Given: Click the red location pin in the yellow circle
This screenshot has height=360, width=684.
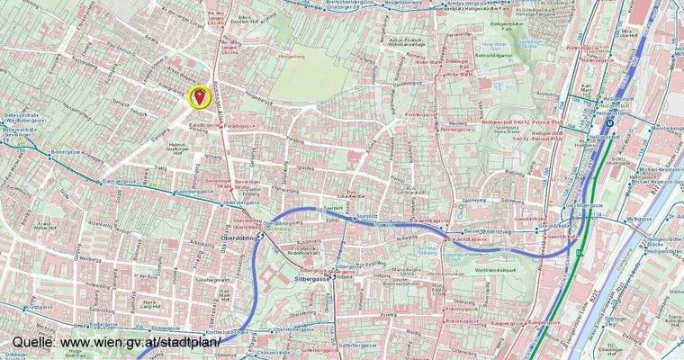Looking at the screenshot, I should click(198, 96).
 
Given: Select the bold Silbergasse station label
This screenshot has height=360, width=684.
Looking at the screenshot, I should click(313, 280).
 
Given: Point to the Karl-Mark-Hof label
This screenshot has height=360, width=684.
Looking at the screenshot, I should click(586, 91).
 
